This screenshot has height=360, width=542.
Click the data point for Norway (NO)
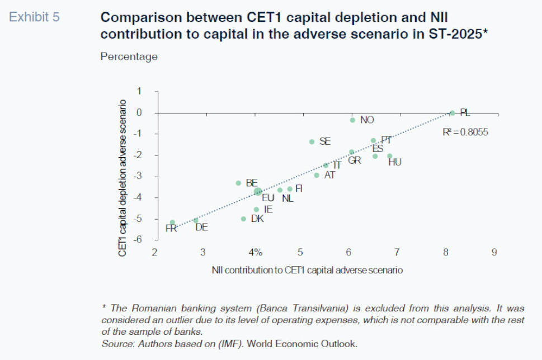(x=352, y=120)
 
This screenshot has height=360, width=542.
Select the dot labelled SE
(x=312, y=141)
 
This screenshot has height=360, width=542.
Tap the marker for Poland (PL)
(x=452, y=113)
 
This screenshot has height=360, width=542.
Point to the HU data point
(x=390, y=156)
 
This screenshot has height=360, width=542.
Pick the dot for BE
(x=238, y=183)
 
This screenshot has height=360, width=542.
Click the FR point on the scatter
(x=172, y=222)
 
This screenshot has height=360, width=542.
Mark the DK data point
(x=243, y=219)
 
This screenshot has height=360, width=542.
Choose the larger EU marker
(x=258, y=192)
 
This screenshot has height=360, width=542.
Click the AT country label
(x=329, y=175)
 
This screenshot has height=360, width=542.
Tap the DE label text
(x=201, y=227)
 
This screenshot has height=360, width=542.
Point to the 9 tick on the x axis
(x=494, y=253)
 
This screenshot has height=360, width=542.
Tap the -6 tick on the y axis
(x=139, y=239)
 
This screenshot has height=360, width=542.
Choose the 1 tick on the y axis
(x=140, y=91)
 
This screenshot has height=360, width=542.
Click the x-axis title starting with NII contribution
(x=307, y=270)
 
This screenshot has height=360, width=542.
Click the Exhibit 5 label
(x=34, y=17)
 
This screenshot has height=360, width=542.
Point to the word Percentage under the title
(x=129, y=56)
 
